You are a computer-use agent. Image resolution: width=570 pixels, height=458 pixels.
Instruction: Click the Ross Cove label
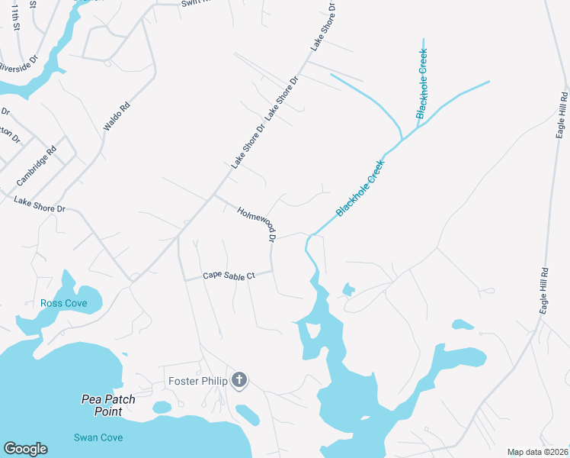click(x=64, y=304)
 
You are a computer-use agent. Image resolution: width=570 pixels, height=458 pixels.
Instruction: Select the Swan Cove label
click(x=98, y=437)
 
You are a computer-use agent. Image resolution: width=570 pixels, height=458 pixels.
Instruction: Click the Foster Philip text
click(x=198, y=381)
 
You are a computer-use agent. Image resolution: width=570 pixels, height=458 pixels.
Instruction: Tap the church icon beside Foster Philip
click(x=239, y=380)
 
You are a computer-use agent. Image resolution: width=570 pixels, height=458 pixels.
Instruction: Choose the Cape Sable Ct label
click(x=228, y=276)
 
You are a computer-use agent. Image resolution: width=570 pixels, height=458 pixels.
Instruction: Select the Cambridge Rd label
click(x=37, y=167)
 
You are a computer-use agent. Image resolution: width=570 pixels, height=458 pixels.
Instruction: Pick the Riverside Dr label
click(x=17, y=67)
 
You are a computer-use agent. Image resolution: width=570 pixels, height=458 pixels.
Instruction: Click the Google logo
click(x=25, y=449)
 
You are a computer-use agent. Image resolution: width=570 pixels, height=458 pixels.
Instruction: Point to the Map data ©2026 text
click(x=537, y=452)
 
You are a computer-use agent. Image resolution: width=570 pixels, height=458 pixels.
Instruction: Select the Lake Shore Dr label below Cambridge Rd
click(x=40, y=205)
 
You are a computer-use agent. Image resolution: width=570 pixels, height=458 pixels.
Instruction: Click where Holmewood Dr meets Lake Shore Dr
click(x=213, y=195)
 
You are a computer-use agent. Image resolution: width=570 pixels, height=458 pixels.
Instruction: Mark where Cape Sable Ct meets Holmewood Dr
click(x=272, y=271)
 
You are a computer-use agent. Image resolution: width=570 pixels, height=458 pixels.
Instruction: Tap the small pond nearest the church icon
click(x=248, y=414)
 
